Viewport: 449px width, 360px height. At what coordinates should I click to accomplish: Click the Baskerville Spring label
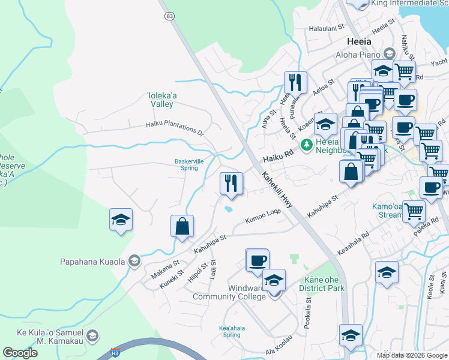tap(186, 164)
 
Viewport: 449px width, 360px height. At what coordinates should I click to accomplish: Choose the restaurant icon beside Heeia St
tap(295, 82)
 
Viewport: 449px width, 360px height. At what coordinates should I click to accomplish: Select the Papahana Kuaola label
tap(92, 261)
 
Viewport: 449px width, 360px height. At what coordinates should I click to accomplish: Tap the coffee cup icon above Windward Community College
tap(258, 260)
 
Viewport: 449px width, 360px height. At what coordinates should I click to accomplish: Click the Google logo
tap(20, 353)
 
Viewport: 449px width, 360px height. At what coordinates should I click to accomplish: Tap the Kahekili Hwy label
tap(277, 190)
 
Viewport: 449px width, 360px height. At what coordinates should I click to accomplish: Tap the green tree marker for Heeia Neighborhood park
tap(307, 145)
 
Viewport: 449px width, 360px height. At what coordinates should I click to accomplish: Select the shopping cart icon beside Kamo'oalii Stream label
tap(414, 211)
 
